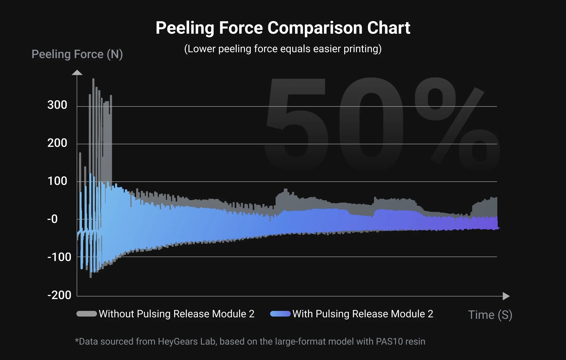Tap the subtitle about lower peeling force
[x=283, y=49]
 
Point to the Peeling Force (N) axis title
[x=77, y=54]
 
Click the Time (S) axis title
[x=490, y=315]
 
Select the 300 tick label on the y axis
[x=57, y=105]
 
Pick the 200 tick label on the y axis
[x=57, y=143]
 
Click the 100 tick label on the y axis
[x=57, y=181]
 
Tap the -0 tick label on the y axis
[x=52, y=219]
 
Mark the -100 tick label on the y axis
[x=59, y=257]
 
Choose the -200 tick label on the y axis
[x=59, y=295]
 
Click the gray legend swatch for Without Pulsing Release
[x=87, y=314]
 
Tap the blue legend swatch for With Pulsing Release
[x=280, y=314]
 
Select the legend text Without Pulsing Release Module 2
[x=176, y=314]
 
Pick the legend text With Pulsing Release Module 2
[x=363, y=314]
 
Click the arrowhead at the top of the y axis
[x=77, y=73]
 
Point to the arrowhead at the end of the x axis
[x=506, y=296]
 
